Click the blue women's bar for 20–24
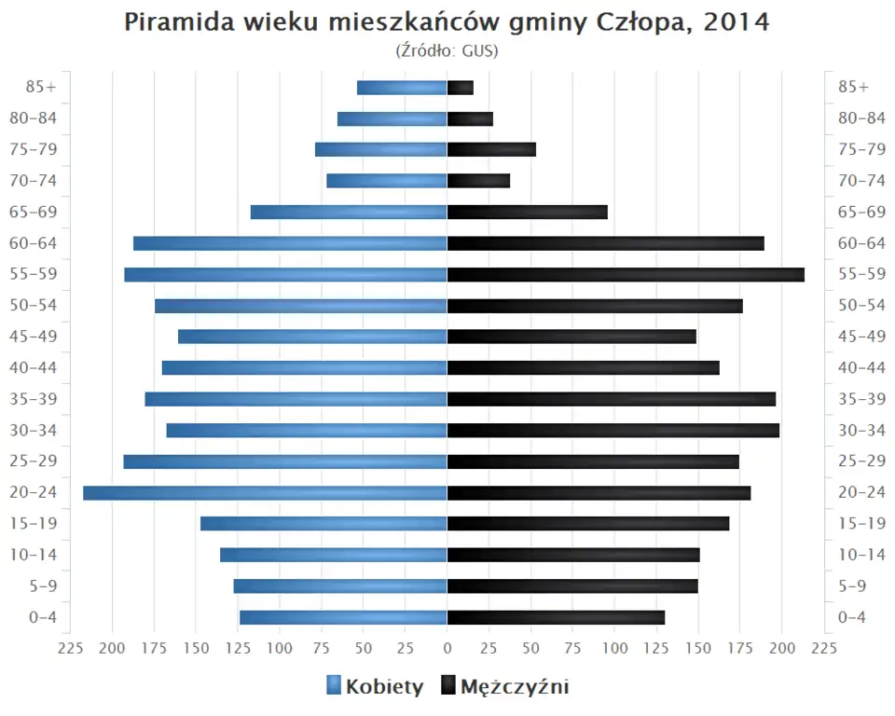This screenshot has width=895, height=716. [265, 493]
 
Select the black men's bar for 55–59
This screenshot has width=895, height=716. [626, 274]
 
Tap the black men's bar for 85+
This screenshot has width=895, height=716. [461, 88]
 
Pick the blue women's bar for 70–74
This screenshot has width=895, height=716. [387, 181]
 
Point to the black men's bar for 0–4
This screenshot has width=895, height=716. [556, 617]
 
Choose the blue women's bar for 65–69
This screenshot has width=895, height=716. [349, 213]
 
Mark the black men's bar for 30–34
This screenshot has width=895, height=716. [613, 431]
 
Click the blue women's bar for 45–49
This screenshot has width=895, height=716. [312, 337]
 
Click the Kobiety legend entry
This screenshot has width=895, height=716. [375, 687]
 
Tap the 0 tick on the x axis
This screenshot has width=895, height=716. [447, 648]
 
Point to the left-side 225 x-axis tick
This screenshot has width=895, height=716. [71, 648]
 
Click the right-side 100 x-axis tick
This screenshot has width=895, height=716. [614, 648]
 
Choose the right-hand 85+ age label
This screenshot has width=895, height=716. [853, 88]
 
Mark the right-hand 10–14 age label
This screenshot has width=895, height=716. [861, 555]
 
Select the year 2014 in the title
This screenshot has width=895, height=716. [737, 22]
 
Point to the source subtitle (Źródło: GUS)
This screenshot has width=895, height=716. [447, 50]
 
